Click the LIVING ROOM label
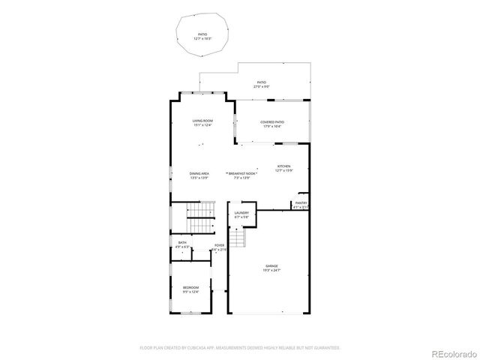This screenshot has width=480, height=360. pyautogui.click(x=202, y=121)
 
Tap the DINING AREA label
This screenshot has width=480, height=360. pyautogui.click(x=199, y=174)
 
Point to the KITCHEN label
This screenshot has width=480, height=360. pyautogui.click(x=283, y=166)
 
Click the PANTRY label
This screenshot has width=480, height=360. pyautogui.click(x=301, y=202)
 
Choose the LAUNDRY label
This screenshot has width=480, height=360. pyautogui.click(x=241, y=213)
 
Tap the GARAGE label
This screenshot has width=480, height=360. pyautogui.click(x=271, y=265)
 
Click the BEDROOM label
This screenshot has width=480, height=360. pyautogui.click(x=191, y=287)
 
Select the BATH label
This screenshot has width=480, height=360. pyautogui.click(x=182, y=242)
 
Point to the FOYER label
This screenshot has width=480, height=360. pyautogui.click(x=219, y=245)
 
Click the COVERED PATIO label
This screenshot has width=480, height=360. pyautogui.click(x=272, y=121)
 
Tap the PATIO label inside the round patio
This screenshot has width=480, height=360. pyautogui.click(x=202, y=34)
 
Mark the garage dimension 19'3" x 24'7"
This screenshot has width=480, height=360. pyautogui.click(x=271, y=271)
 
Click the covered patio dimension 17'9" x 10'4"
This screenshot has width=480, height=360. pyautogui.click(x=272, y=127)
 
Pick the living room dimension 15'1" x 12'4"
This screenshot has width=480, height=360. pyautogui.click(x=202, y=125)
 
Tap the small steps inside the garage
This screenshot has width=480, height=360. pyautogui.click(x=238, y=238)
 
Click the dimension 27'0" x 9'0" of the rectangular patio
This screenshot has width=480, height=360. pyautogui.click(x=262, y=87)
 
